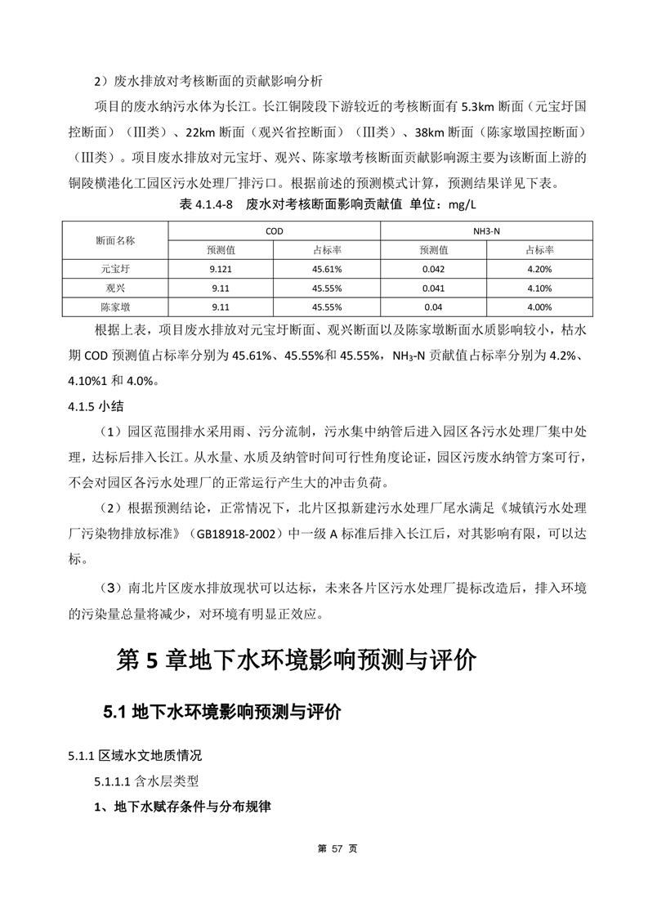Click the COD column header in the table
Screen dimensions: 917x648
(x=274, y=231)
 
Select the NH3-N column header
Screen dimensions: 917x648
(x=486, y=231)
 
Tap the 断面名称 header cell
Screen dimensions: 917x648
(x=115, y=240)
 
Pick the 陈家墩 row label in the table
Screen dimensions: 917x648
(x=115, y=307)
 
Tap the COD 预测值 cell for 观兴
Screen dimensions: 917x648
(x=221, y=288)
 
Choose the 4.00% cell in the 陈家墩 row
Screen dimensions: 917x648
(x=539, y=307)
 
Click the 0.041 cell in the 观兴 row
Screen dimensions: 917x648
(x=433, y=288)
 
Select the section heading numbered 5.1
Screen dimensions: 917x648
(x=221, y=712)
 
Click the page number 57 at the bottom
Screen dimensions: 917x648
(x=324, y=848)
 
